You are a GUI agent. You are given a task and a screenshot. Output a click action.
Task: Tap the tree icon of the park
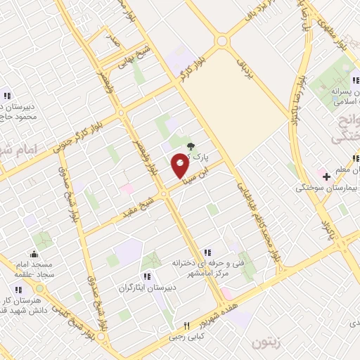pos(192,146)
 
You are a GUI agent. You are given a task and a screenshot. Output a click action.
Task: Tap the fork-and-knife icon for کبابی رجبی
pos(186,326)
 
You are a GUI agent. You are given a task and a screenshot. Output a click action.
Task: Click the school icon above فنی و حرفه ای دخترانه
pos(207,252)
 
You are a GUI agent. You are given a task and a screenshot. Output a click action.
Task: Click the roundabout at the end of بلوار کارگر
pos(222,41)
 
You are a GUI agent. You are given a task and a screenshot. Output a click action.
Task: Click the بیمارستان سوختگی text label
pos(327,188)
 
